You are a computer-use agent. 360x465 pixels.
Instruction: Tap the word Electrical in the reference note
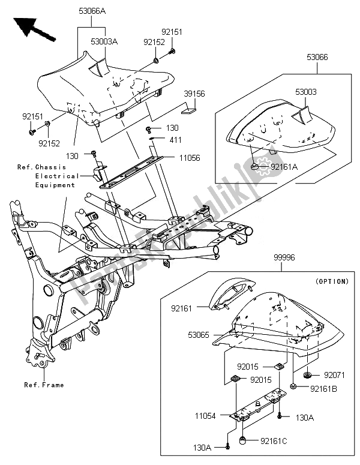coord(56,176)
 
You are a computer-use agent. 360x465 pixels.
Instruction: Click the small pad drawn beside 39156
coord(189,109)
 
